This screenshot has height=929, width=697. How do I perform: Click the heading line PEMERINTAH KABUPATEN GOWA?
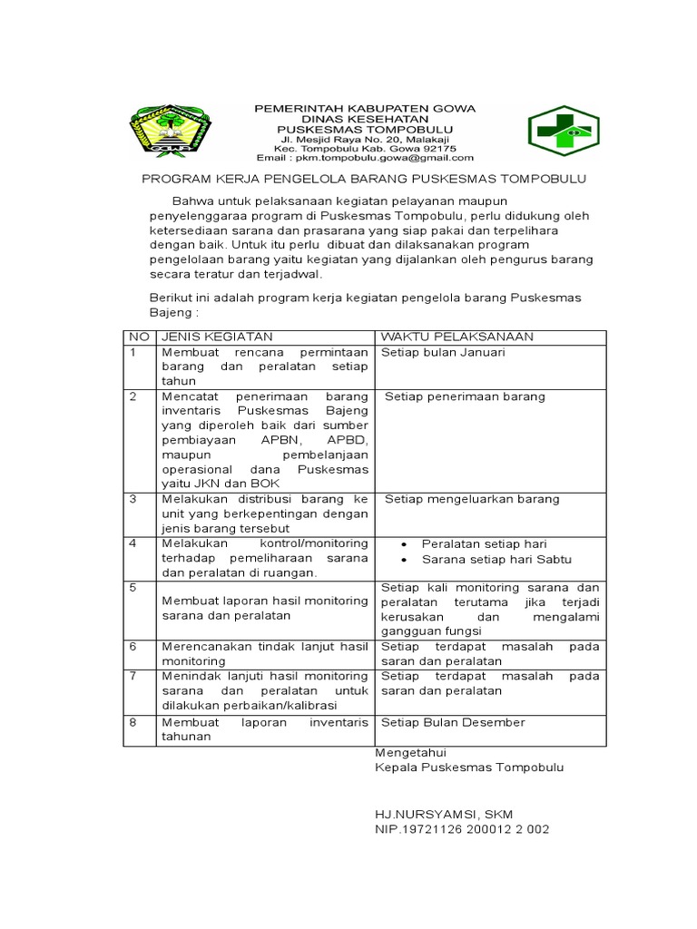point(363,108)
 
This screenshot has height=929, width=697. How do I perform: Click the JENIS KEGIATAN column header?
point(210,337)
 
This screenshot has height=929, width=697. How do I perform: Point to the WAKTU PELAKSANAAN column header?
point(457,337)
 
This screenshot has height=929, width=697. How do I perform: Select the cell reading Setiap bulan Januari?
point(443,352)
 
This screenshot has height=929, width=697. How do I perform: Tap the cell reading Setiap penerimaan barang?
point(465,396)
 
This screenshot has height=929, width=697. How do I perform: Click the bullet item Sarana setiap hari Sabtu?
point(496,559)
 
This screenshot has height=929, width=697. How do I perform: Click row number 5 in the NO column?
point(133,588)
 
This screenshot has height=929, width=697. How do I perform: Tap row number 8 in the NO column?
point(133,722)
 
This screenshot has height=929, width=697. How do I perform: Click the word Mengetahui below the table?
point(410,752)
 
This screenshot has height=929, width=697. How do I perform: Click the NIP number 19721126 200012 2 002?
point(462,829)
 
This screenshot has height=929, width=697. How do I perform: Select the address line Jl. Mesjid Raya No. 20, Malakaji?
point(363,139)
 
